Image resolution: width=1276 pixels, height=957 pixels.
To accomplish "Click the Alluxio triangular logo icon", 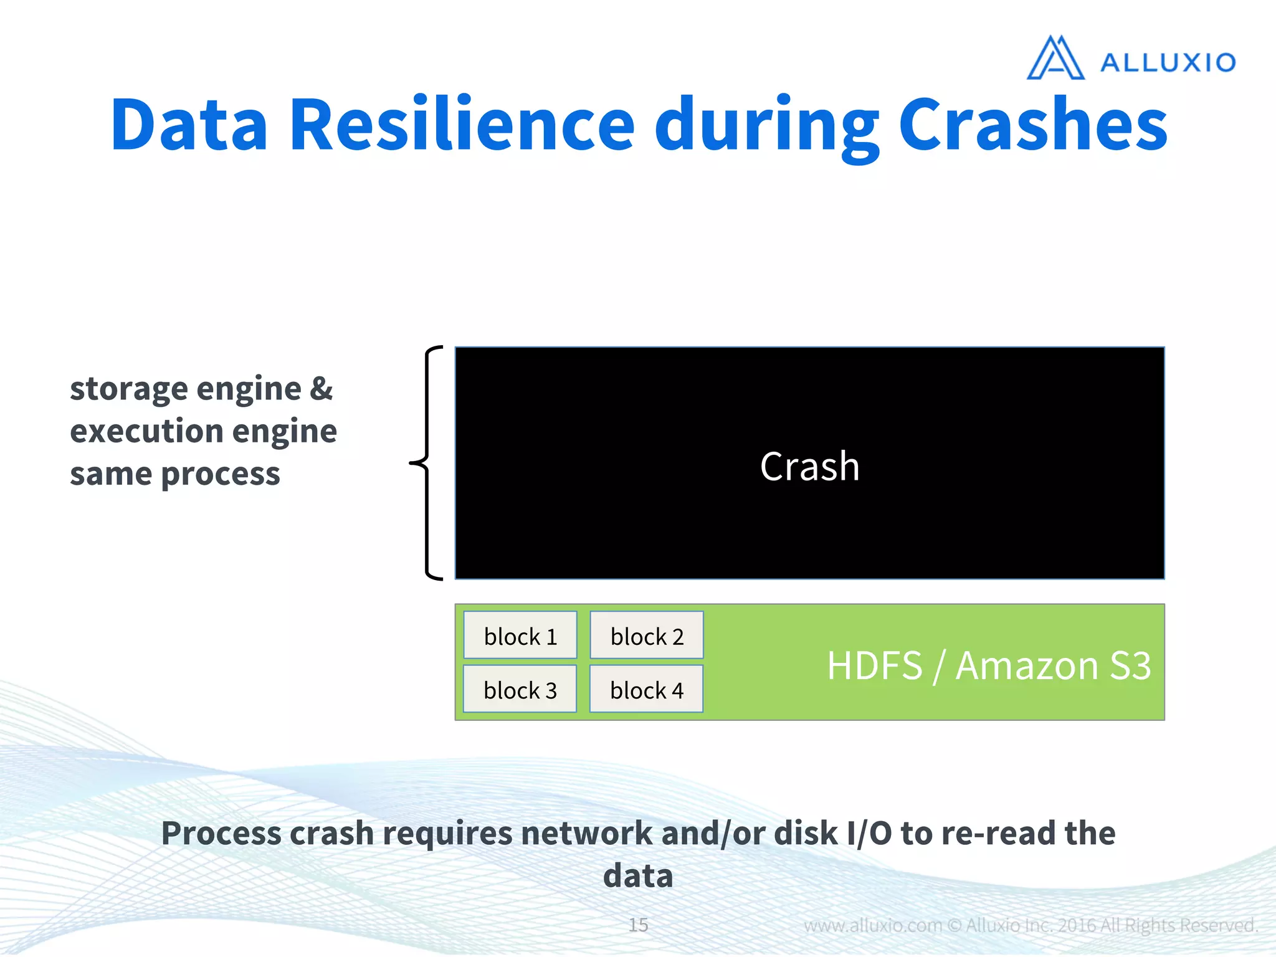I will (1055, 59).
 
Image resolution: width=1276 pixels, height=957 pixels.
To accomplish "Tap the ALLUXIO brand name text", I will (1168, 63).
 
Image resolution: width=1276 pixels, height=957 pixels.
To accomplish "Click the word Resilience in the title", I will (462, 125).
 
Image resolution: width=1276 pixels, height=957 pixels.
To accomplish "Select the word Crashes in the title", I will (1032, 125).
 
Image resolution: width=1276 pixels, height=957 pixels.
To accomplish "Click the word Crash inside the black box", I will (809, 467).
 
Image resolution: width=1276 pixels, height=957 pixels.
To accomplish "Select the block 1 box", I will (520, 636).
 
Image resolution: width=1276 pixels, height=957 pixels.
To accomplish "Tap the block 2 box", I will (647, 636).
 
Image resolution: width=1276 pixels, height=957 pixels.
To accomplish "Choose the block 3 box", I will (520, 690).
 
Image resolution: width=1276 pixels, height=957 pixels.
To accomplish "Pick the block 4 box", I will (647, 690).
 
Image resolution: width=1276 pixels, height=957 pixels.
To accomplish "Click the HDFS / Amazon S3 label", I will (988, 665).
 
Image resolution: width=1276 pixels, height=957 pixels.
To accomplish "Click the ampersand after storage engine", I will (321, 389).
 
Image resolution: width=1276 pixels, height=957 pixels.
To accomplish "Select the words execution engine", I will (203, 431).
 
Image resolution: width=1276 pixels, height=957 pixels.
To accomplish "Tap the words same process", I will (175, 474).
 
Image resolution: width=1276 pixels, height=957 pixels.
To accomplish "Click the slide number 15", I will (638, 925).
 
